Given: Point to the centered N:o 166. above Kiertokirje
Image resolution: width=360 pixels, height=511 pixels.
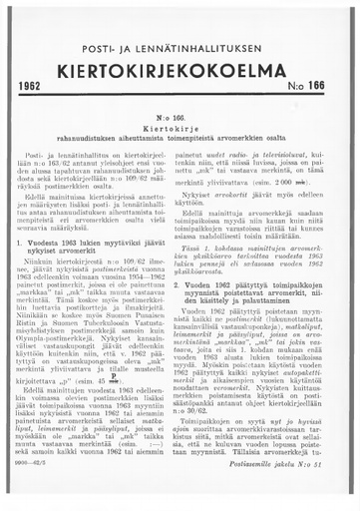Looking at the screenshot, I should click(180, 119).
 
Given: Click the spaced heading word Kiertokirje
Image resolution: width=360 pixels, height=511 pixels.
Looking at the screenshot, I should click(180, 130).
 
